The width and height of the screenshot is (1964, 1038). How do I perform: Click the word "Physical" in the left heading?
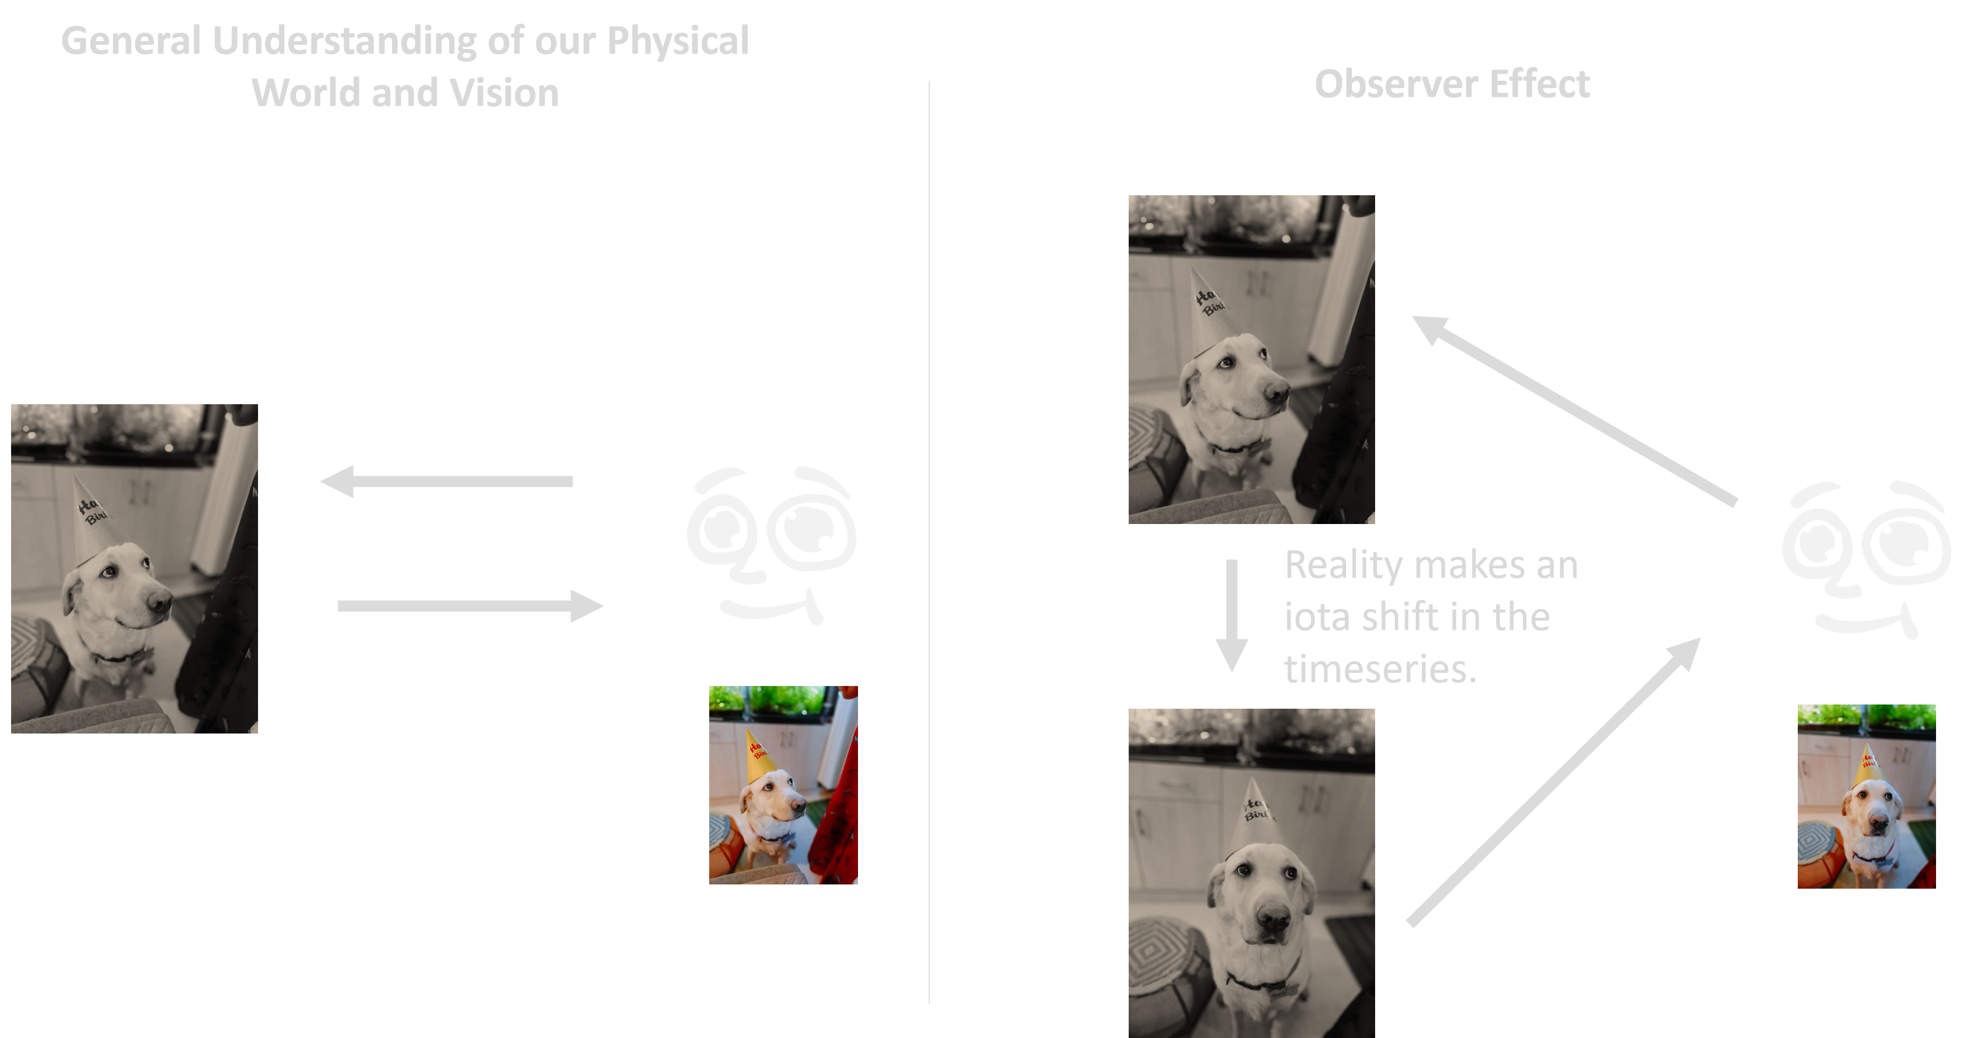coord(677,42)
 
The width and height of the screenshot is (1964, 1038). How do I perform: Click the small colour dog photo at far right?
coord(1866,796)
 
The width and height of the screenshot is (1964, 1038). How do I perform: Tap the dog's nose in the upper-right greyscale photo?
coord(1275,393)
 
